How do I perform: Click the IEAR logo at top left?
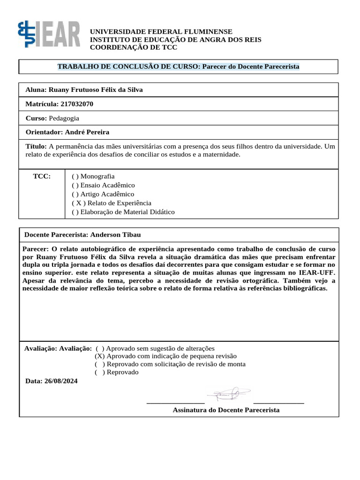coord(49,34)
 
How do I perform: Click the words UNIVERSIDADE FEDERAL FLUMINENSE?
coord(161,31)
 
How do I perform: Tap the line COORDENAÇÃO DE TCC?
coord(134,47)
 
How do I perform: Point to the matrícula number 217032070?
coord(77,104)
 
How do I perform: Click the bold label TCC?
coord(42,176)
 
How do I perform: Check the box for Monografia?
coord(75,176)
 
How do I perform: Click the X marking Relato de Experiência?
coord(76,203)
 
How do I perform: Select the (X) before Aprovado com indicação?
coord(99,356)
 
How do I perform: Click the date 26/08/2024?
coord(61,381)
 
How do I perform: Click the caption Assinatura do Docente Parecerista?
coord(226,410)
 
